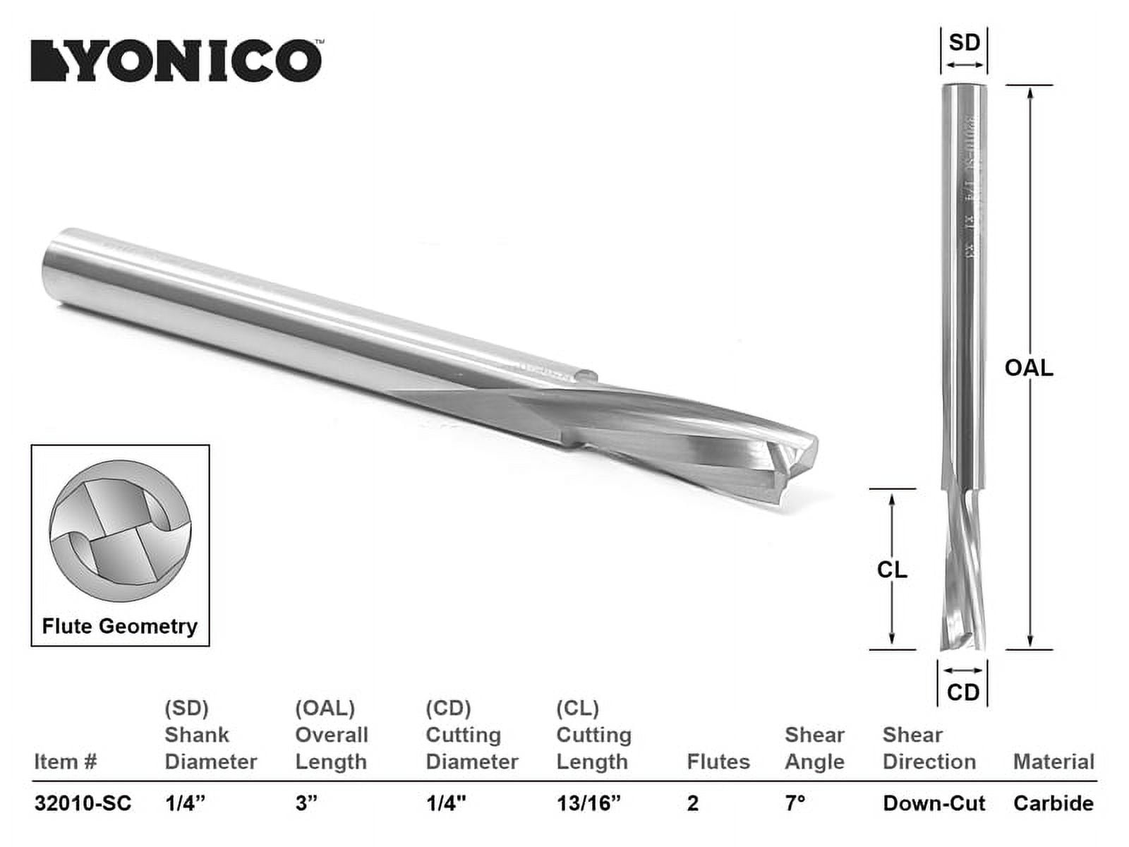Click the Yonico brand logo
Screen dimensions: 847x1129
[176, 61]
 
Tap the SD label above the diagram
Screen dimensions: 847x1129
[964, 42]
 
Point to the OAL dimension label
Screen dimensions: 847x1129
[1029, 368]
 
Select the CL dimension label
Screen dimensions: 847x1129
[892, 570]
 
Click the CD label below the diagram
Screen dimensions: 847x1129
[963, 692]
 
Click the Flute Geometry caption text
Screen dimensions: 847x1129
[119, 626]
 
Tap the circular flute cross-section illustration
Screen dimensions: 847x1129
[120, 531]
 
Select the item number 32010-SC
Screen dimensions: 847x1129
[83, 803]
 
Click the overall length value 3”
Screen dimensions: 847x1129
[306, 803]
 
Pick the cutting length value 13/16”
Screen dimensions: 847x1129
[588, 803]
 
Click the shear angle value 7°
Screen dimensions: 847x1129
[795, 803]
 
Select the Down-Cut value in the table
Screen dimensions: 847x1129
[934, 803]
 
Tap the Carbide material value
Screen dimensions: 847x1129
[1053, 803]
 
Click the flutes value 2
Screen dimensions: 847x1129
[692, 803]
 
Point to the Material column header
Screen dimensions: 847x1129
[1053, 762]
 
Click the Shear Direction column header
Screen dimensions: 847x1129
[929, 748]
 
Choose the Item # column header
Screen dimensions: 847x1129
[65, 762]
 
